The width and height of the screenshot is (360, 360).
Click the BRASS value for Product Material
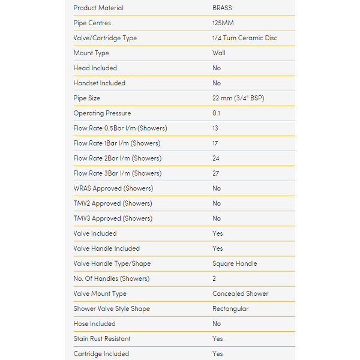pos(222,8)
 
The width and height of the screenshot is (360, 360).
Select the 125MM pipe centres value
pos(223,23)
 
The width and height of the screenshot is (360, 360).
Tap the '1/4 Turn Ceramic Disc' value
pos(245,38)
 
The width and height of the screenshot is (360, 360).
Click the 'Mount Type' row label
pos(91,53)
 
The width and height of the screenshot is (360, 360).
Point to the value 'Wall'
pos(219,53)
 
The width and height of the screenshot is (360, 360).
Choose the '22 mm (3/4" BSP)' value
pos(240,98)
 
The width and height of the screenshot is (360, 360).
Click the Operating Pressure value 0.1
pos(217,113)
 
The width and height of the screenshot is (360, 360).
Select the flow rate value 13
pos(215,128)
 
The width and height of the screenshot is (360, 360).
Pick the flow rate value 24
pos(216,158)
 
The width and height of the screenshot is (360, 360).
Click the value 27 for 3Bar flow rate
pos(216,173)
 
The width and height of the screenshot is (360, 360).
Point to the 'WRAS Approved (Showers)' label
pos(113,188)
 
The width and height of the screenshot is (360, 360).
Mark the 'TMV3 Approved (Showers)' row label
pos(113,218)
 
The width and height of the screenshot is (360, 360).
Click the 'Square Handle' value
pos(235,263)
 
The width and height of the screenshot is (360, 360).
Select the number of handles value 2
pos(214,278)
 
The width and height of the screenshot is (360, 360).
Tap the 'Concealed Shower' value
pos(241,293)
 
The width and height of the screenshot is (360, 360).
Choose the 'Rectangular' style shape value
pos(230,308)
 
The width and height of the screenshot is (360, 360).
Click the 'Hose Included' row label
pos(95,323)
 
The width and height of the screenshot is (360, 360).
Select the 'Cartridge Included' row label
pos(101,353)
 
